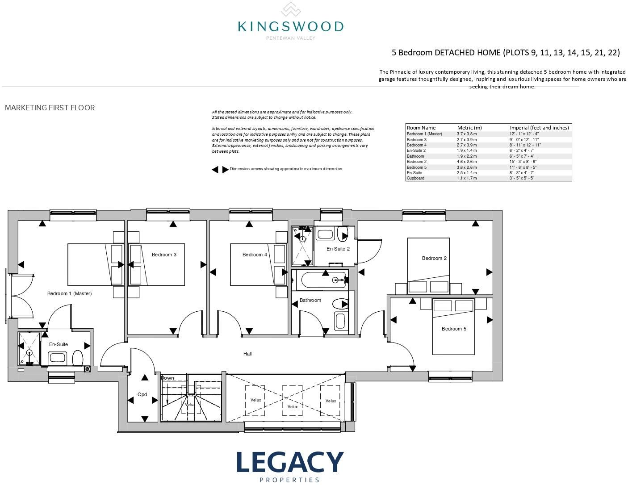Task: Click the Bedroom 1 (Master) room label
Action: click(x=69, y=293)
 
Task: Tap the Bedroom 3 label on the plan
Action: click(x=164, y=255)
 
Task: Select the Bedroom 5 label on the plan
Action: click(x=454, y=329)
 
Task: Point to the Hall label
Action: click(x=247, y=354)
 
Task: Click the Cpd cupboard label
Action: click(x=142, y=394)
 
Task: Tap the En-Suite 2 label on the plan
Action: click(x=338, y=249)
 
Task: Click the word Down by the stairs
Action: click(x=167, y=378)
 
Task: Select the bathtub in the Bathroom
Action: click(x=323, y=280)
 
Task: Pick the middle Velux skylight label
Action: click(x=293, y=407)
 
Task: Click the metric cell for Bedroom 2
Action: click(x=467, y=162)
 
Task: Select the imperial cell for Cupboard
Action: click(x=522, y=178)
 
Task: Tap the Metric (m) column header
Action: click(x=469, y=128)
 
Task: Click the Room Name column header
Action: click(x=421, y=128)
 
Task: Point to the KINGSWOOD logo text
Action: click(x=290, y=27)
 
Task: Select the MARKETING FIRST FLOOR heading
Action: click(x=50, y=108)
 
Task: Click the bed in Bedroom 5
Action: click(x=453, y=326)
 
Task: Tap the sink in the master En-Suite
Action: click(x=57, y=358)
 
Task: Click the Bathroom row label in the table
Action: click(x=415, y=156)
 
